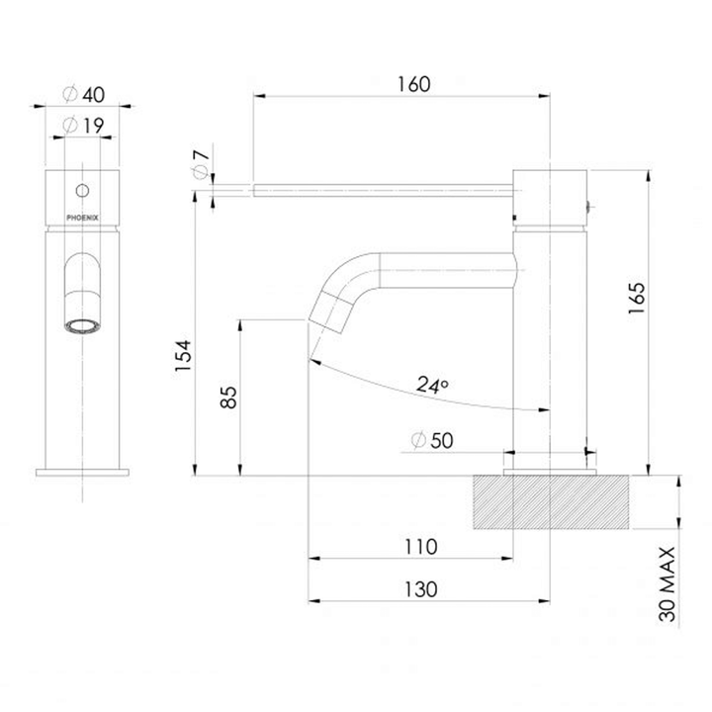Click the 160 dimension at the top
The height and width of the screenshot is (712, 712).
414,84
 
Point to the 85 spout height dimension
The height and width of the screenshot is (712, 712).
225,398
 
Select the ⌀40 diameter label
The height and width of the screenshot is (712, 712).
84,95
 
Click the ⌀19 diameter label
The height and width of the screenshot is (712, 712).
84,127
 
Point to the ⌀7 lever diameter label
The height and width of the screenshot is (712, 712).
199,163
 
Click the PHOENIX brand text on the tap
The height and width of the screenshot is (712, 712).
84,210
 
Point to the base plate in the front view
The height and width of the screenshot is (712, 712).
84,471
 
